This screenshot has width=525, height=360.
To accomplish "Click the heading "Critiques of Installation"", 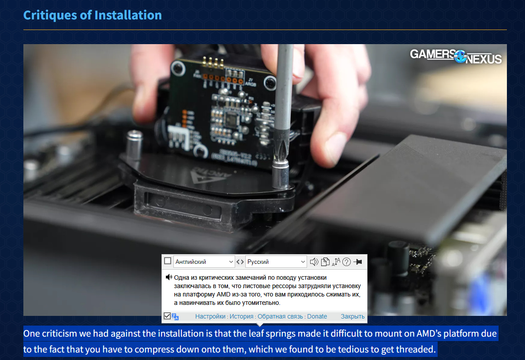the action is click(x=92, y=15).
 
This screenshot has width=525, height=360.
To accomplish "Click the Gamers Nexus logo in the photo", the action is click(x=456, y=56).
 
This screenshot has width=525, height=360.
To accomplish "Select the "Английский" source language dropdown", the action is click(x=204, y=262).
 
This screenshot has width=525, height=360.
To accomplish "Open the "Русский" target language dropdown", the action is click(x=276, y=262).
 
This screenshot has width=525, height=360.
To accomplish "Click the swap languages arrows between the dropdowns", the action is click(x=240, y=262).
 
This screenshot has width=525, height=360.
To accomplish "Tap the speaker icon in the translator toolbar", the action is click(x=314, y=262).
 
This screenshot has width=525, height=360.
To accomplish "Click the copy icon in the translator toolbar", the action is click(x=325, y=262).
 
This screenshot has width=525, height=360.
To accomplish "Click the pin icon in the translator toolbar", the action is click(x=358, y=262).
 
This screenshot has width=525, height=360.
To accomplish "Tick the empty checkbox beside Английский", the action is click(x=168, y=261).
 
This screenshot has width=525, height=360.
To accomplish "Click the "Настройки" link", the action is click(x=210, y=316).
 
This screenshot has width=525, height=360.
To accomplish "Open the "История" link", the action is click(x=241, y=316).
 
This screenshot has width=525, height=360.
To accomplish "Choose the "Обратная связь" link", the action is click(x=280, y=316).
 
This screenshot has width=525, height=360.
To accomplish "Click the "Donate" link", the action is click(x=317, y=316).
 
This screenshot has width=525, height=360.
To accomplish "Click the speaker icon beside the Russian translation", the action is click(x=169, y=277).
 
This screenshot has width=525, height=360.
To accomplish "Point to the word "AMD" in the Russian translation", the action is click(x=224, y=294).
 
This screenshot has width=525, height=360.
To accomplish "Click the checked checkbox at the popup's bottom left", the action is click(x=167, y=316).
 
